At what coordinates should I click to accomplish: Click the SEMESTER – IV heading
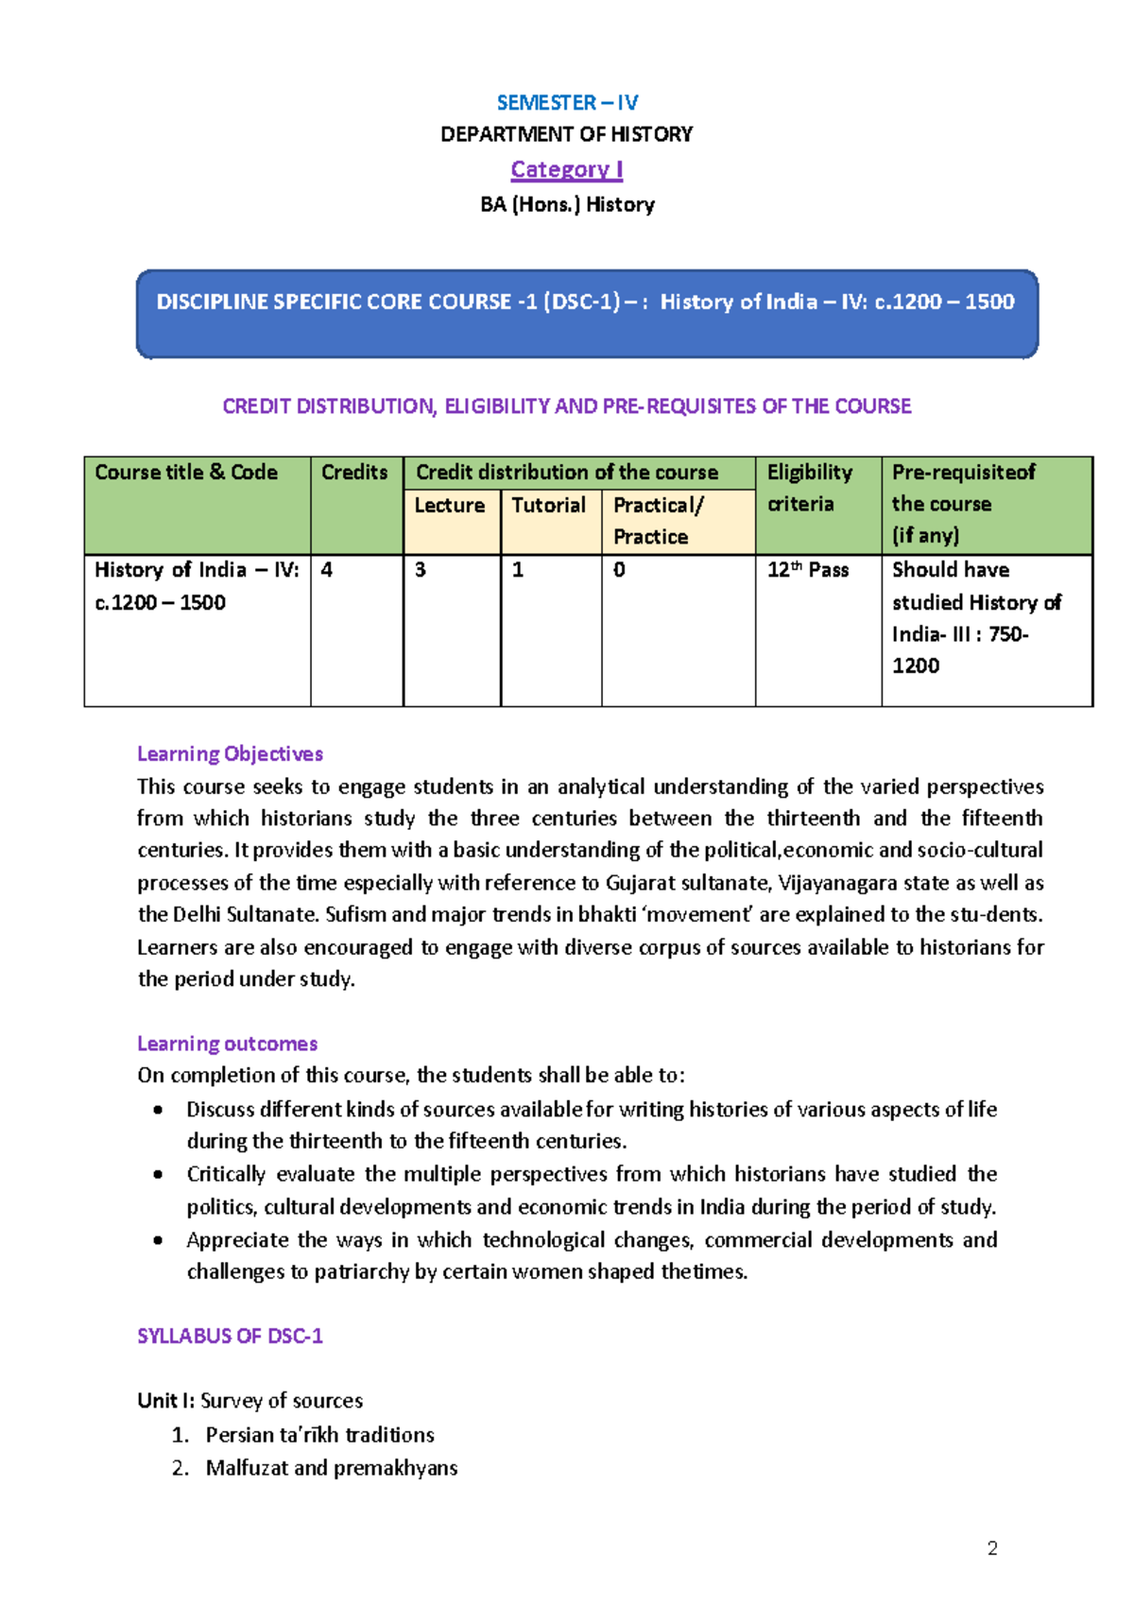coord(567,102)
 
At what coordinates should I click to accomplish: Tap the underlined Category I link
coord(567,169)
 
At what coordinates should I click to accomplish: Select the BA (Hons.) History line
coord(567,204)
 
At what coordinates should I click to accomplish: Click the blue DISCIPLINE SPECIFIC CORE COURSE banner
coord(586,313)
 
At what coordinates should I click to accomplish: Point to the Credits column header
coord(354,472)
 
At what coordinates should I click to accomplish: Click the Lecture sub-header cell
coord(450,505)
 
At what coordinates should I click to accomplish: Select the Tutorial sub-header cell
coord(549,505)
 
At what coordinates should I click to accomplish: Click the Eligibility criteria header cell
coord(810,488)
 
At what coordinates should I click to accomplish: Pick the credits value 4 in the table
coord(327,570)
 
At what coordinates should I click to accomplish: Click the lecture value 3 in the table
coord(421,570)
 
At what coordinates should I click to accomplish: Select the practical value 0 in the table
coord(619,570)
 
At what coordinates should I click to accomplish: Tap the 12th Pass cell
coord(808,570)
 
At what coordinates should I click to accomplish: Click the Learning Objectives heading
coord(230,753)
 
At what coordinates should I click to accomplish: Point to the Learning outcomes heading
coord(227,1044)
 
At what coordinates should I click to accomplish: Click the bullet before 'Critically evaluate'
coord(158,1174)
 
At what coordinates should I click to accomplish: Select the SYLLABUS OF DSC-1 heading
coord(230,1336)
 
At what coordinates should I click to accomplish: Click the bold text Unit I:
coord(165,1400)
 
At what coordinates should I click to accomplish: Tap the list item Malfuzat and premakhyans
coord(332,1467)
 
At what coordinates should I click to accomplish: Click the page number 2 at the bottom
coord(992,1548)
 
